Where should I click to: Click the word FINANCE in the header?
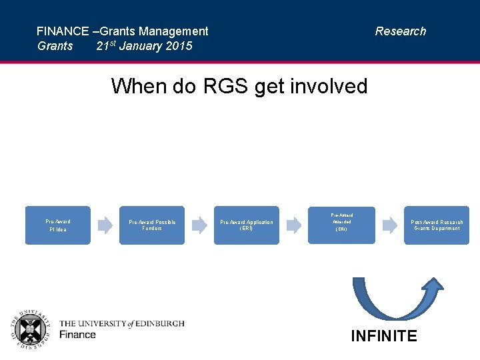point(63,31)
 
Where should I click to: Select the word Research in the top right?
point(400,31)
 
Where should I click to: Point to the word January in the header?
point(141,46)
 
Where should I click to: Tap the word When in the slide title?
point(135,86)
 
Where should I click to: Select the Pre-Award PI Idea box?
point(58,225)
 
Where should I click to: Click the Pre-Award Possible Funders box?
point(152,225)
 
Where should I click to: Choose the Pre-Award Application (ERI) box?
point(247,225)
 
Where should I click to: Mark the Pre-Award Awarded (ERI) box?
point(341,225)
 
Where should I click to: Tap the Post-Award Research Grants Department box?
point(436,225)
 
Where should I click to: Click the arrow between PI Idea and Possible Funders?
point(105,225)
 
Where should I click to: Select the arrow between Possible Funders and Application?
point(199,225)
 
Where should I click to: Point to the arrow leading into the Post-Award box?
point(389,225)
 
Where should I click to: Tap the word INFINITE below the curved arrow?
point(384,336)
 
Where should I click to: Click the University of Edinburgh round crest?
point(30,330)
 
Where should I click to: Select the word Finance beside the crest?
point(77,335)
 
